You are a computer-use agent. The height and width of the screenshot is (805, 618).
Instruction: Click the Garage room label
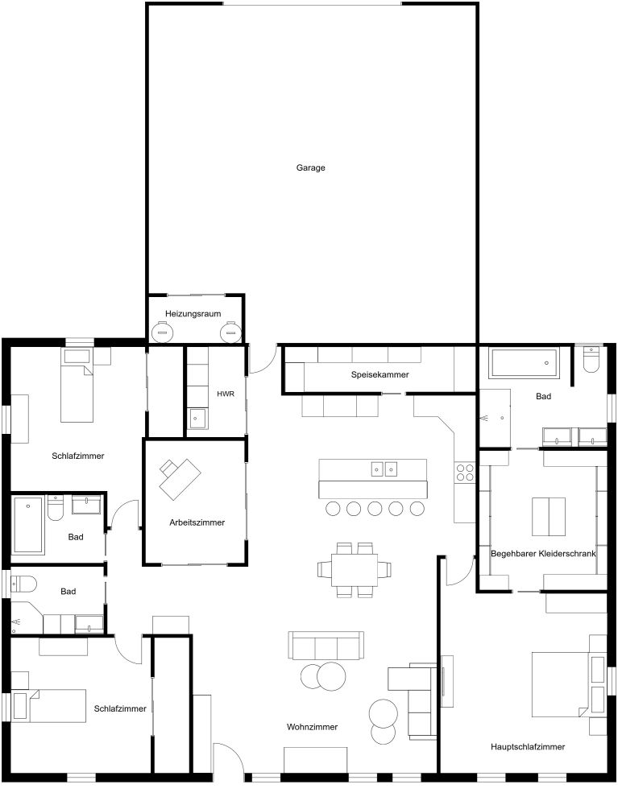(x=310, y=168)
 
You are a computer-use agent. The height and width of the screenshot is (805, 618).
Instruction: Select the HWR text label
(x=225, y=394)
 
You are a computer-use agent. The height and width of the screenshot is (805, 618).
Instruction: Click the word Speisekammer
(x=380, y=375)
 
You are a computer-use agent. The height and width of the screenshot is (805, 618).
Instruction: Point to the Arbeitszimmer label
(x=197, y=522)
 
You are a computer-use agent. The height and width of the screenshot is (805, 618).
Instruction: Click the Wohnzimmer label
(x=312, y=727)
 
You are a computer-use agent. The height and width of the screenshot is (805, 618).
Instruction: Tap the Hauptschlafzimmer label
(x=528, y=747)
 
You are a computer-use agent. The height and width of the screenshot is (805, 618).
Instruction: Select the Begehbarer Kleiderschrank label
(x=543, y=553)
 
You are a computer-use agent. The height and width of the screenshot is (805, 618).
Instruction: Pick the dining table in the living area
(x=355, y=570)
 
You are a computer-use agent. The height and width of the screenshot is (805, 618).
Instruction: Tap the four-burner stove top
(x=466, y=472)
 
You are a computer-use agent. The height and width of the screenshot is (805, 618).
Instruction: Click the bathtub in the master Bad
(x=525, y=364)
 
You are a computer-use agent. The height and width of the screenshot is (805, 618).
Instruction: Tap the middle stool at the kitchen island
(x=375, y=509)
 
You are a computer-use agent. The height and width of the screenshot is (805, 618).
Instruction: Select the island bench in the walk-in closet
(x=548, y=517)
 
